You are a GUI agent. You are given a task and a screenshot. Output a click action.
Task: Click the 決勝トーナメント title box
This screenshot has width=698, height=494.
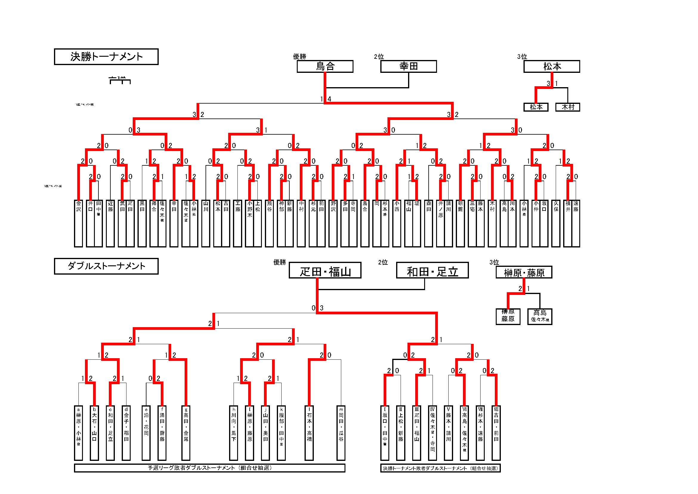106,57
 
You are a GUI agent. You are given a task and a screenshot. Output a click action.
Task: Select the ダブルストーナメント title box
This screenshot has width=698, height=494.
106,266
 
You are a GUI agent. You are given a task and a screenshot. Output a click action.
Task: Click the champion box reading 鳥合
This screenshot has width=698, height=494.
325,66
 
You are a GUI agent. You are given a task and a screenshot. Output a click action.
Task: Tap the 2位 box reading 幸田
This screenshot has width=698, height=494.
409,66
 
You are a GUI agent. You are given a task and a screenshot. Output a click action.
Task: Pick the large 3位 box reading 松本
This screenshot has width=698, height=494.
552,66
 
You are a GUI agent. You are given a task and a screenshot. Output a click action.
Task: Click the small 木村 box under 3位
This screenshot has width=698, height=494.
568,107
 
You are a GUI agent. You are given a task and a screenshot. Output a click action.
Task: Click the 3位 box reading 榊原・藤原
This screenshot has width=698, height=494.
524,273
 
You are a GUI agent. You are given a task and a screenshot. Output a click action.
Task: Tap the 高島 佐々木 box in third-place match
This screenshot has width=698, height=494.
540,317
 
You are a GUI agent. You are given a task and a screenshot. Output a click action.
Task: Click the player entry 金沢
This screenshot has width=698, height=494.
78,223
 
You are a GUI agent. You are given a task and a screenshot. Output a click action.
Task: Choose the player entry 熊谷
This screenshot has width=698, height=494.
269,223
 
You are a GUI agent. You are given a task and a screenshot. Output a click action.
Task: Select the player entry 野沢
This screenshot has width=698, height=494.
333,223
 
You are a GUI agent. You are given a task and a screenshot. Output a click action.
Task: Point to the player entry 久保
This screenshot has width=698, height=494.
556,223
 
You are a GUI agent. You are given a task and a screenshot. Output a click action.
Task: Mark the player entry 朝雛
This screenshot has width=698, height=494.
460,223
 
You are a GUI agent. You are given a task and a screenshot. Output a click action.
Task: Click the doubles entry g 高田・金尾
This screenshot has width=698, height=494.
186,433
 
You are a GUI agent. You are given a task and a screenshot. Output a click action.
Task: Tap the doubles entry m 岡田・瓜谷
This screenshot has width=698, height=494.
341,433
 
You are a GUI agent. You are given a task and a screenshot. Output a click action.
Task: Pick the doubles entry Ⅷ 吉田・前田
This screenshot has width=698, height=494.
496,433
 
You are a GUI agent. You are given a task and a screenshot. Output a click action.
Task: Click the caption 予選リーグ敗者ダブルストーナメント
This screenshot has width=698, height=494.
209,468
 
